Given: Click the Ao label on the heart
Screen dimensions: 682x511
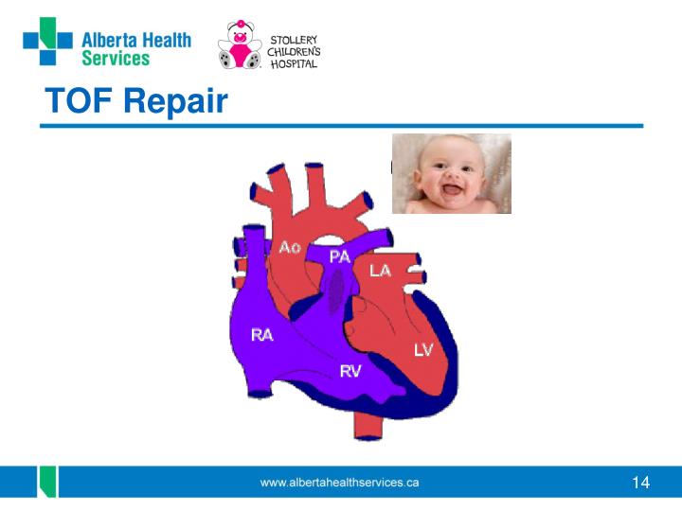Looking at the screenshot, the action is (290, 247).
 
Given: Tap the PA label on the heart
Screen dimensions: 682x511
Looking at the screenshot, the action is (340, 256).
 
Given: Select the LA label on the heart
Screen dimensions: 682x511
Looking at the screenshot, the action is (380, 271).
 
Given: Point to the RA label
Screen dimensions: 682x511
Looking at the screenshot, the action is (261, 335).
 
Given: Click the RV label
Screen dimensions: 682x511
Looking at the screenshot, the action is (350, 371).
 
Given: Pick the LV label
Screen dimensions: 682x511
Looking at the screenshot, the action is (423, 349).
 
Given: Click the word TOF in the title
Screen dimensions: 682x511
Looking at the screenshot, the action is (79, 100).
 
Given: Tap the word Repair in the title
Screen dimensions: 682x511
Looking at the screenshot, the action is (176, 102).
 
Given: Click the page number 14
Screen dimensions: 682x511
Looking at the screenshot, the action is (640, 483).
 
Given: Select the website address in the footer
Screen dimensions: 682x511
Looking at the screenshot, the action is (339, 483).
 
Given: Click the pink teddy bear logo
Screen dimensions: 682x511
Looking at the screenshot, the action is (240, 44).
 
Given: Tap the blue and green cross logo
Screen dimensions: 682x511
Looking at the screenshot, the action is (48, 42).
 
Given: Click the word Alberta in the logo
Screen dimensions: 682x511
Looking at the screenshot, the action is (110, 41).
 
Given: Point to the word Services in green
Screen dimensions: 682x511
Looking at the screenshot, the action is (116, 59).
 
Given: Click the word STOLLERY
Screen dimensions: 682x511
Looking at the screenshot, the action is (294, 40).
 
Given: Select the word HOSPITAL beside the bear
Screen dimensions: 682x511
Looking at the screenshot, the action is (294, 64).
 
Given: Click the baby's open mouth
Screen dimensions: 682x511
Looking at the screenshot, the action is (453, 190).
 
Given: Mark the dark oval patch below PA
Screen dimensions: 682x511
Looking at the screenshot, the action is (335, 291).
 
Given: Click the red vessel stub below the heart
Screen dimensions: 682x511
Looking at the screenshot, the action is (368, 426).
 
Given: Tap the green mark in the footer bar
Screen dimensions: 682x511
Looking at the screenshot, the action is (48, 482).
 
